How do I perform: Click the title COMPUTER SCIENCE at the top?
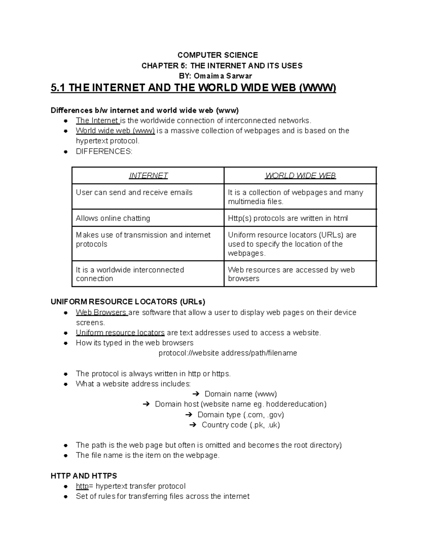point(218,55)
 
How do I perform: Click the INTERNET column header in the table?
point(148,176)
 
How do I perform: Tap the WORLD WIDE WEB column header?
point(300,176)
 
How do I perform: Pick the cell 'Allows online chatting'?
point(113,218)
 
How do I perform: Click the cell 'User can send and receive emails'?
point(134,193)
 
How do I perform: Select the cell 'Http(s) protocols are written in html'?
point(288,218)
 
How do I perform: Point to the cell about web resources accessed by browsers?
point(291,274)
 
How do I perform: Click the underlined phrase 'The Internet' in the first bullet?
point(97,121)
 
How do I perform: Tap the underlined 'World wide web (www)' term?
point(115,131)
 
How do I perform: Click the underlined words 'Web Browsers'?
point(101,312)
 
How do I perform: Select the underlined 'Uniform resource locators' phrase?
point(120,333)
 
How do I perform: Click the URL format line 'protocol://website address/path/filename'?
point(228,353)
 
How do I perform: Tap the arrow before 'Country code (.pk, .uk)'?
point(193,425)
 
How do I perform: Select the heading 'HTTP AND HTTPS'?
point(84,476)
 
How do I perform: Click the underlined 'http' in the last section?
point(82,486)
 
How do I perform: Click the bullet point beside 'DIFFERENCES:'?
point(66,152)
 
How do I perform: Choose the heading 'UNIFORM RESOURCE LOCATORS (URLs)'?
point(128,302)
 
